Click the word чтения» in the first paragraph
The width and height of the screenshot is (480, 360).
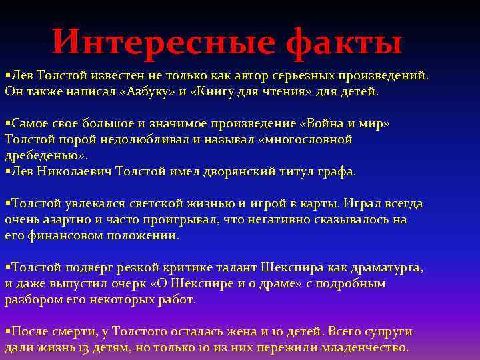pos(289,91)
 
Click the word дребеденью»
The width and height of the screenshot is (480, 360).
pos(45,155)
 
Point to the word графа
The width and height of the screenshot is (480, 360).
pos(337,171)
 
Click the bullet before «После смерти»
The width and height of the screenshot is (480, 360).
pos(7,331)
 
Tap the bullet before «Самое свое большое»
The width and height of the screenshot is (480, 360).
pos(7,124)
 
